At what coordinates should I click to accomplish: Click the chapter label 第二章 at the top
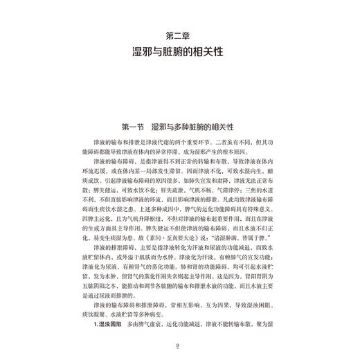(x=180, y=35)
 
